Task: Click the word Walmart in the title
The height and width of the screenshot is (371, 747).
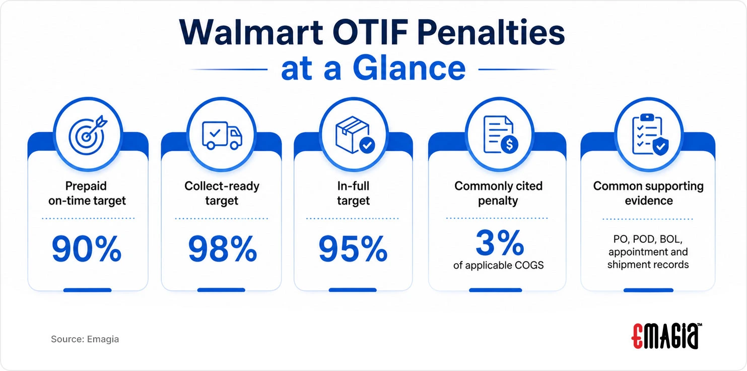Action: pyautogui.click(x=251, y=33)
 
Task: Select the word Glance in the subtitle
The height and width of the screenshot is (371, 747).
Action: pyautogui.click(x=409, y=69)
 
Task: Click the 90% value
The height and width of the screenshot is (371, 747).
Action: pyautogui.click(x=86, y=249)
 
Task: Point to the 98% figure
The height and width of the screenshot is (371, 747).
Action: pyautogui.click(x=223, y=249)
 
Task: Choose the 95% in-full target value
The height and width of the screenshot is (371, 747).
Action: pyautogui.click(x=353, y=249)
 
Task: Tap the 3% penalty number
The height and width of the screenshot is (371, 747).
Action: pyautogui.click(x=500, y=242)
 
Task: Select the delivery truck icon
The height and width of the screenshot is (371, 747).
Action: pyautogui.click(x=222, y=135)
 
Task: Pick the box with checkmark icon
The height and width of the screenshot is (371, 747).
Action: pyautogui.click(x=355, y=135)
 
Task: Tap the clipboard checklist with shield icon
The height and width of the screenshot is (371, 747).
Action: pyautogui.click(x=650, y=135)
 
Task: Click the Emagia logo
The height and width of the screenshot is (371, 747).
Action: pyautogui.click(x=666, y=336)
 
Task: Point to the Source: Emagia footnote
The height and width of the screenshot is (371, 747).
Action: pyautogui.click(x=85, y=339)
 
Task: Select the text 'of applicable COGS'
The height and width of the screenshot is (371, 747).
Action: pyautogui.click(x=498, y=265)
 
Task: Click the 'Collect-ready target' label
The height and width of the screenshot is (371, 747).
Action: pyautogui.click(x=222, y=193)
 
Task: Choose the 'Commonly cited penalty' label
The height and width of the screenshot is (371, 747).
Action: pyautogui.click(x=498, y=193)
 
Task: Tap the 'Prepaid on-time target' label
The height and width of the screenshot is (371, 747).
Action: pyautogui.click(x=87, y=193)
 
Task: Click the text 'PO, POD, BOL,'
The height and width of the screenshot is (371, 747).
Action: pyautogui.click(x=648, y=239)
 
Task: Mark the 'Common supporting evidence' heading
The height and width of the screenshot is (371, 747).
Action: pyautogui.click(x=648, y=193)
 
